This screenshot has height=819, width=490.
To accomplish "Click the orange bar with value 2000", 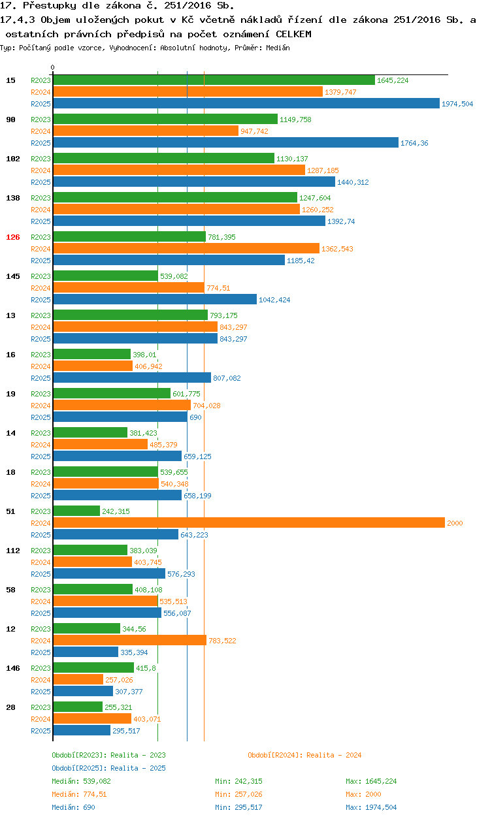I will pyautogui.click(x=248, y=523).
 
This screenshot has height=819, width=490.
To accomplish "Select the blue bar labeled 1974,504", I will pyautogui.click(x=246, y=103).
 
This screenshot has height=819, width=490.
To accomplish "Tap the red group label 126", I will pyautogui.click(x=13, y=237).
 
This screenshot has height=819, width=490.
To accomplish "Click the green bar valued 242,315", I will pyautogui.click(x=76, y=511).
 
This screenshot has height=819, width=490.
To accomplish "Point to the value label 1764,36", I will pyautogui.click(x=414, y=143).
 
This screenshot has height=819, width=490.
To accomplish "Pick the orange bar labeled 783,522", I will pyautogui.click(x=129, y=641).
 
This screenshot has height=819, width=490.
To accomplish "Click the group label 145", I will pyautogui.click(x=13, y=276).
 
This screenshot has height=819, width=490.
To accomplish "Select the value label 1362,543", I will pyautogui.click(x=338, y=249).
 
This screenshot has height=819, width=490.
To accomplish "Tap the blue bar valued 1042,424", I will pyautogui.click(x=155, y=299).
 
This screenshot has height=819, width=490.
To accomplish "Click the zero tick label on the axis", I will pyautogui.click(x=53, y=67).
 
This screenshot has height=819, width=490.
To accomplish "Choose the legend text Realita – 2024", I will pyautogui.click(x=333, y=755).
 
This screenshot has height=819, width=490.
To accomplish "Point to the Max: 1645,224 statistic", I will pyautogui.click(x=371, y=781).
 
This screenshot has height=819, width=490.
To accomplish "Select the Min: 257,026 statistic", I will pyautogui.click(x=242, y=794).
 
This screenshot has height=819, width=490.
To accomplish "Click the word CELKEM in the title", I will pyautogui.click(x=293, y=33).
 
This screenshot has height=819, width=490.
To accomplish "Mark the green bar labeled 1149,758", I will pyautogui.click(x=165, y=119).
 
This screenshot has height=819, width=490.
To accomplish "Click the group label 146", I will pyautogui.click(x=13, y=668).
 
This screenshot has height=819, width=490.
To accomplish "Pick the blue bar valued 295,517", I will pyautogui.click(x=82, y=730).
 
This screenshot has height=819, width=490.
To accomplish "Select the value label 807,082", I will pyautogui.click(x=227, y=378).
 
